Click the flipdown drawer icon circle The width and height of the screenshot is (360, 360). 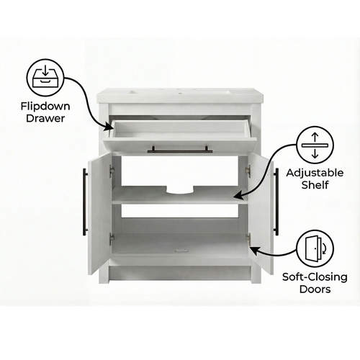pos(45,78)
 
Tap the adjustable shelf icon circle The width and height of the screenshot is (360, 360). pos(315,145)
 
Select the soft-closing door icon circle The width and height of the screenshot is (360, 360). pos(315,248)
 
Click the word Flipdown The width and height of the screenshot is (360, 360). pos(45,107)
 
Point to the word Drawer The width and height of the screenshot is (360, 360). pos(45,118)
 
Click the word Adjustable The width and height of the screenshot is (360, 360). pos(315,174)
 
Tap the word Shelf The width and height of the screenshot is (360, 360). pos(315,185)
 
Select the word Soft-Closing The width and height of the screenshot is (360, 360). pos(315,277)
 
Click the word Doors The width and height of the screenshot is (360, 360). pos(315,289)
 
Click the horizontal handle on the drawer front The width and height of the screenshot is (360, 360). pos(180,150)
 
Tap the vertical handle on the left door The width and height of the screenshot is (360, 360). pos(85,202)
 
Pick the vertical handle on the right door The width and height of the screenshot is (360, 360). pos(276,202)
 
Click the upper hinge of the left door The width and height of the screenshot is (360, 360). pos(112,171)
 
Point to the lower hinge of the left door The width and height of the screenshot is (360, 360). pos(112,238)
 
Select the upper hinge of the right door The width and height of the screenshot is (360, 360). pos(248,171)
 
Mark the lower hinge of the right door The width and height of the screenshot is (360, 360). pos(248,239)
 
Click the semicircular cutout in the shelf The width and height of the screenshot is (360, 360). pos(180,189)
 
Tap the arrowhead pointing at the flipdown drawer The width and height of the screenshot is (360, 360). pos(108,127)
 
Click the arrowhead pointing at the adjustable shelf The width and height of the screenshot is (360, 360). pos(238,196)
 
